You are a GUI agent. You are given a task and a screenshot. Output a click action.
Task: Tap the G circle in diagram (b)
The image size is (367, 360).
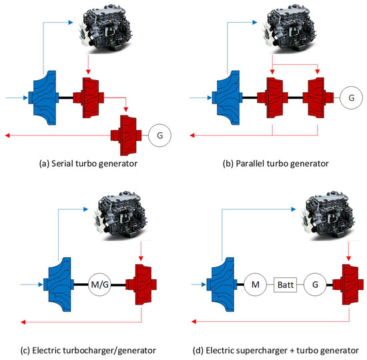351,98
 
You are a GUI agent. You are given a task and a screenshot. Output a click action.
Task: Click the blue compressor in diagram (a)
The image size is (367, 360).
45,98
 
